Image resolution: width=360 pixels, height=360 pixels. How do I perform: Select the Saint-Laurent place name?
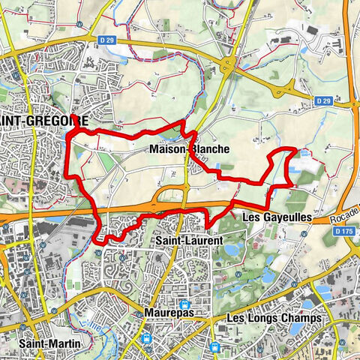coord(188,240)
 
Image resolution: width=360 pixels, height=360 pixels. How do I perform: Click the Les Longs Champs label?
coord(274,318)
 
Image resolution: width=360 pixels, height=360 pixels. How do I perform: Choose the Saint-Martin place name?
coord(46,343)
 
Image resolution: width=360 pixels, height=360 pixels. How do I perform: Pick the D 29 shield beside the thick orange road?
coord(323,100)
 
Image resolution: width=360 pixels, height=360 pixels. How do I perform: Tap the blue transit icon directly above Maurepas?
coord(184,304)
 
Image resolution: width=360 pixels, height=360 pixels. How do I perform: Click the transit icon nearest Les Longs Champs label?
coord(216,346)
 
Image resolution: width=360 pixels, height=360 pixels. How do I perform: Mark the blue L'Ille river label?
coord(98,321)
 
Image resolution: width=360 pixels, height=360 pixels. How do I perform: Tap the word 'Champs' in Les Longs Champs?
coord(301,318)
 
